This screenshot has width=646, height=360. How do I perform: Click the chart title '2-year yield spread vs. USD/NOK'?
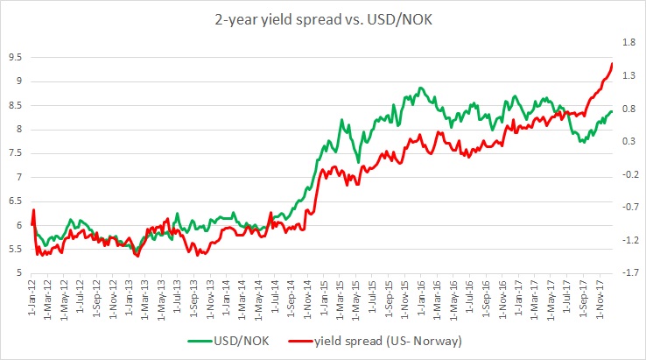[323, 15]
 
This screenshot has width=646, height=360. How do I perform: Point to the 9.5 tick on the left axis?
[15, 57]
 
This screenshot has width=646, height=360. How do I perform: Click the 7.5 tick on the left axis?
[15, 153]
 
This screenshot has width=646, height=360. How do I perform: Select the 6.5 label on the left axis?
[15, 201]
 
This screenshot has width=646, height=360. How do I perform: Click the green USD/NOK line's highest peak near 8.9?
[421, 88]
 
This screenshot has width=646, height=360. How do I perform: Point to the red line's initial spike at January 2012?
[33, 210]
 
